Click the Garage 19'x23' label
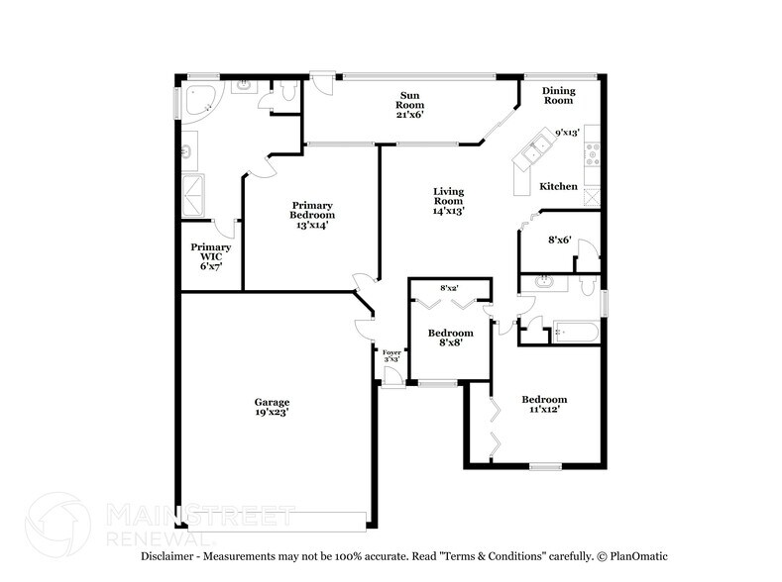click(x=272, y=408)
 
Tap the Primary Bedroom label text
click(x=311, y=215)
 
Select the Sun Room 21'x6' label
click(x=409, y=103)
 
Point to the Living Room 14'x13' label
click(x=448, y=201)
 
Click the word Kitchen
click(x=558, y=186)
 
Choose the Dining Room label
click(x=557, y=95)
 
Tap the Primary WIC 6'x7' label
click(x=211, y=256)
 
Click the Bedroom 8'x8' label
click(x=450, y=339)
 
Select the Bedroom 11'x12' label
click(x=544, y=405)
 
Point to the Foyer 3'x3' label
click(x=391, y=354)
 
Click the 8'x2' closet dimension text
click(x=449, y=287)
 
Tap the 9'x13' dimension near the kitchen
click(x=567, y=132)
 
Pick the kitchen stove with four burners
click(x=592, y=154)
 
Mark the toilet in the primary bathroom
click(x=286, y=92)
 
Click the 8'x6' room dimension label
click(x=560, y=240)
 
